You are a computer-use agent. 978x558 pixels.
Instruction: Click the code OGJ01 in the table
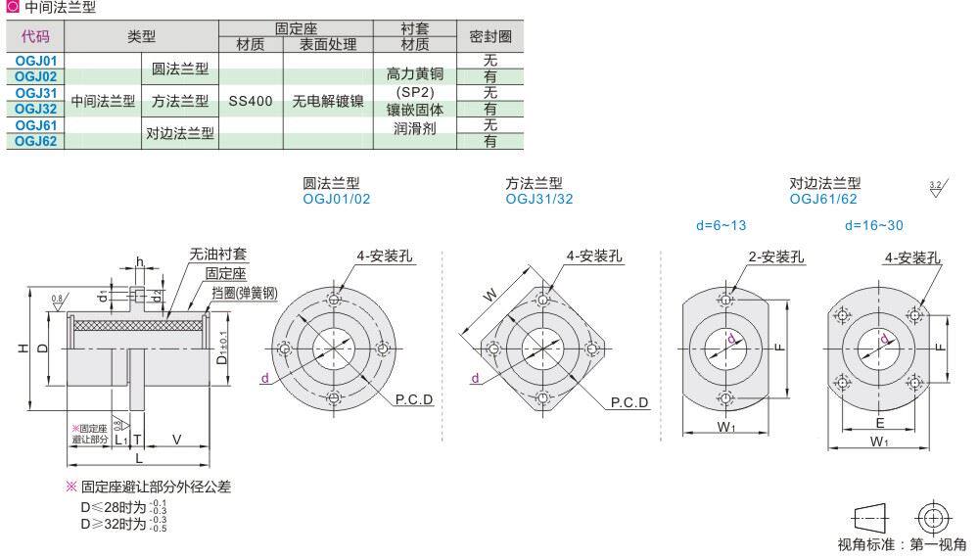point(36,61)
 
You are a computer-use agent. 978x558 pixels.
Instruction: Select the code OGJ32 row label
point(36,109)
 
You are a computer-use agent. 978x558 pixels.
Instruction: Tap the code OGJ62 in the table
point(36,141)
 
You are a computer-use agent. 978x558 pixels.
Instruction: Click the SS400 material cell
point(251,101)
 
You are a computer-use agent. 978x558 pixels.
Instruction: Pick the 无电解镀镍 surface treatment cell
point(327,101)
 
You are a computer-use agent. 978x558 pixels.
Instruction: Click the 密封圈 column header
point(490,36)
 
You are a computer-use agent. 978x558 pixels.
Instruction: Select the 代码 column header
point(35,36)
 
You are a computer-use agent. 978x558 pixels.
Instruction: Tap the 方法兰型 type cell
point(179,101)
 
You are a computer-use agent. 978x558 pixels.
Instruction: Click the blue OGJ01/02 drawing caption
point(337,199)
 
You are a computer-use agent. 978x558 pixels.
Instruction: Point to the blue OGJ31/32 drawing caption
point(539,199)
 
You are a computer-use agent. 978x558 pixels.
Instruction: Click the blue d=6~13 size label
point(721,225)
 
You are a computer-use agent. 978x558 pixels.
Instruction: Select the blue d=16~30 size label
point(874,225)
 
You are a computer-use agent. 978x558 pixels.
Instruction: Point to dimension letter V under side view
point(176,439)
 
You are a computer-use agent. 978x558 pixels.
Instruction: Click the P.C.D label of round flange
point(414,401)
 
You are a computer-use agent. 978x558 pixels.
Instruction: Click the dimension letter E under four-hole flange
point(880,423)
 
